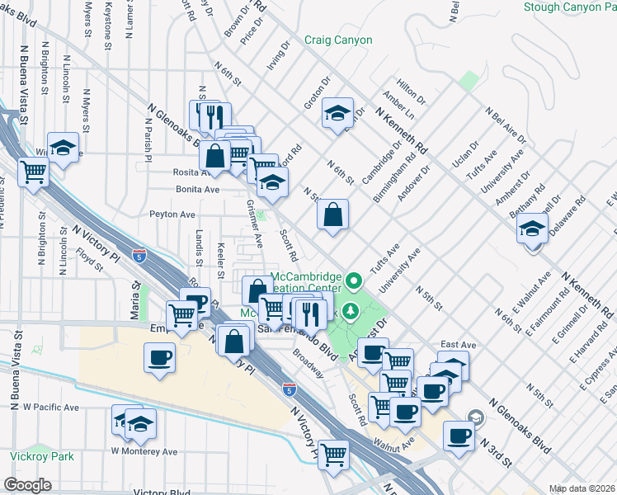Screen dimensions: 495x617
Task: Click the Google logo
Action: pos(27,485)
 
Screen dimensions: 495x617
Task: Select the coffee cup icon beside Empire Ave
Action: pos(158,358)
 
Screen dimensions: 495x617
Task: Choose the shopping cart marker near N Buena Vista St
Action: pos(34,173)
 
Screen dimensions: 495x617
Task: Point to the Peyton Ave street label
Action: pos(172,214)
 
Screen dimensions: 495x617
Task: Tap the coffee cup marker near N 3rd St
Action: pos(459,435)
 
